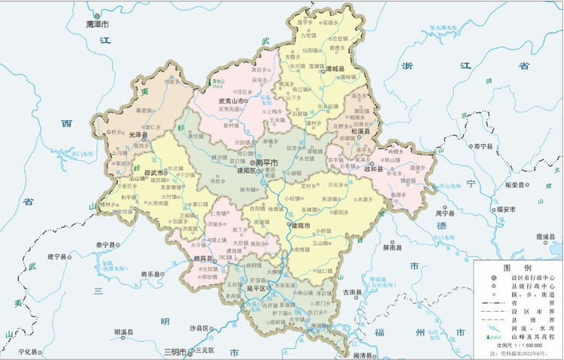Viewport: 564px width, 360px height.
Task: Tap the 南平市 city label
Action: [x=268, y=162]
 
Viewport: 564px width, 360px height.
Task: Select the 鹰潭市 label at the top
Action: [x=98, y=24]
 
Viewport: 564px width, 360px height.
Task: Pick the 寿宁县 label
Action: [x=481, y=146]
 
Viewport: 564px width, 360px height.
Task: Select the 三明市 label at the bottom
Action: [x=175, y=350]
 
